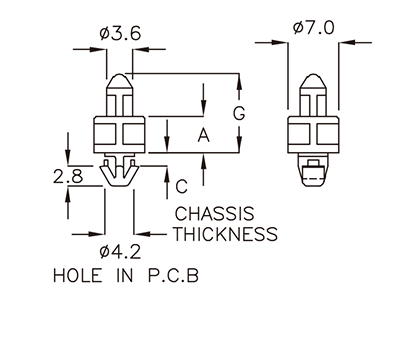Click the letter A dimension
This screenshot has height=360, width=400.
coord(204,134)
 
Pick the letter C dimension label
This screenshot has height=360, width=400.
coord(182,185)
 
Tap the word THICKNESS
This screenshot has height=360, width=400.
coord(225,235)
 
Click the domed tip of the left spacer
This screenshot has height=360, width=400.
coord(119,82)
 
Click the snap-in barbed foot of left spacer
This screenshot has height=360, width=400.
coord(119,171)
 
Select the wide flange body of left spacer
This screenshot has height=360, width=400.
coord(119,134)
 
